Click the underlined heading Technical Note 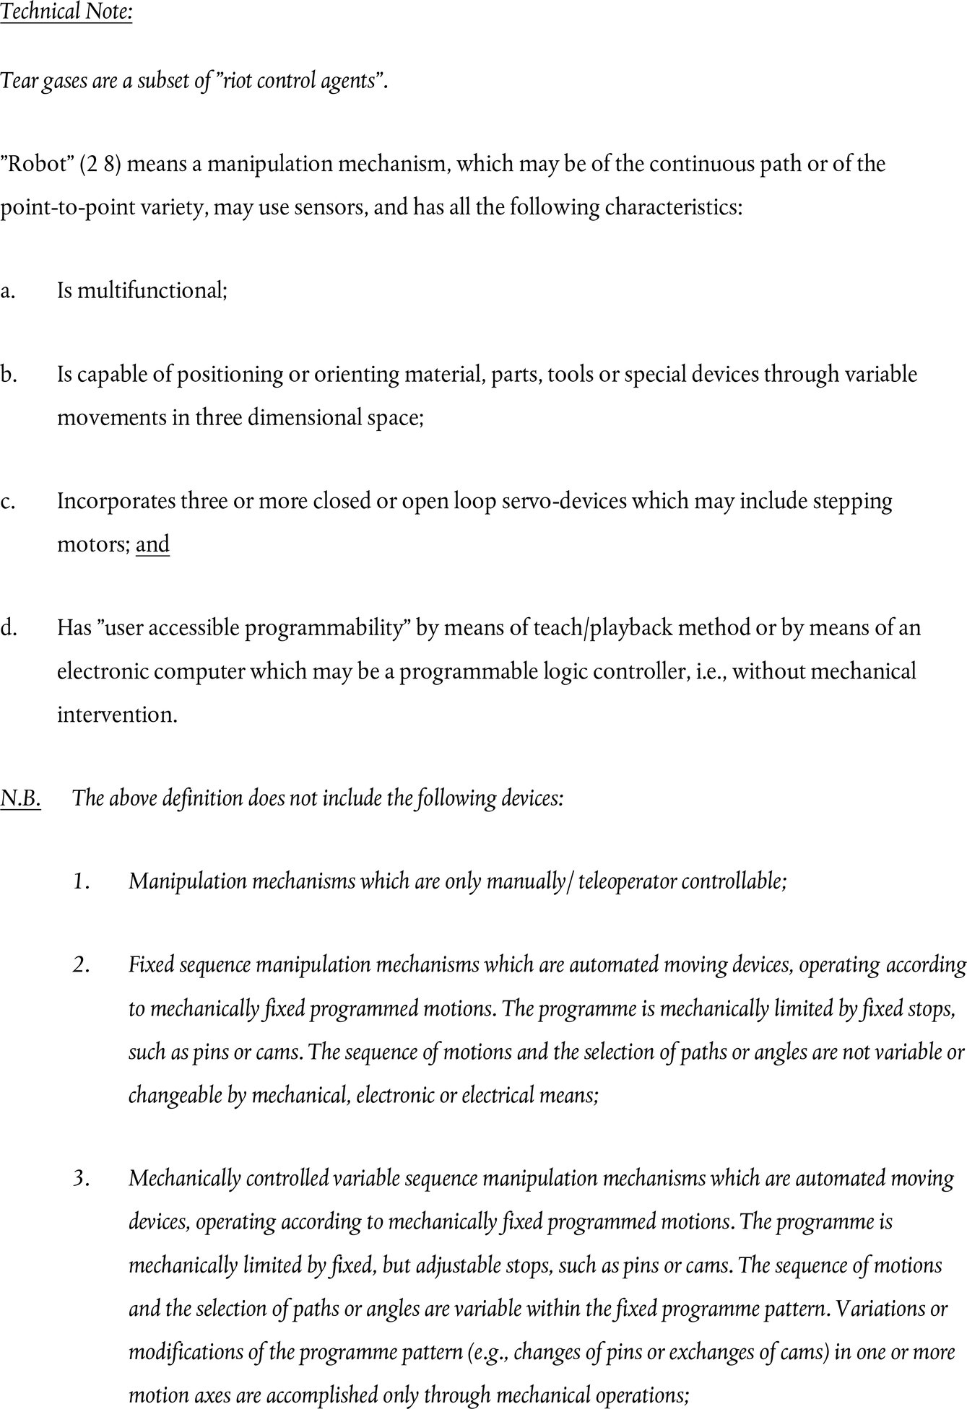click(66, 13)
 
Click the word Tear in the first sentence click(17, 80)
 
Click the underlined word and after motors click(152, 544)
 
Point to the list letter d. click(9, 628)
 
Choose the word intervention click(117, 715)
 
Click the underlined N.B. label click(21, 798)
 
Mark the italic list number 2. click(80, 965)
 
